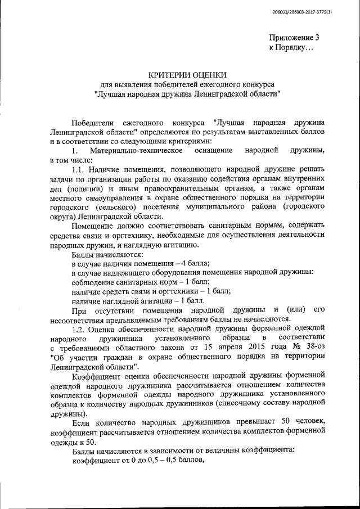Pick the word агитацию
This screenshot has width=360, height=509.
click(x=175, y=244)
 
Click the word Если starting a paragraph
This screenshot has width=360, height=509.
click(x=82, y=422)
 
